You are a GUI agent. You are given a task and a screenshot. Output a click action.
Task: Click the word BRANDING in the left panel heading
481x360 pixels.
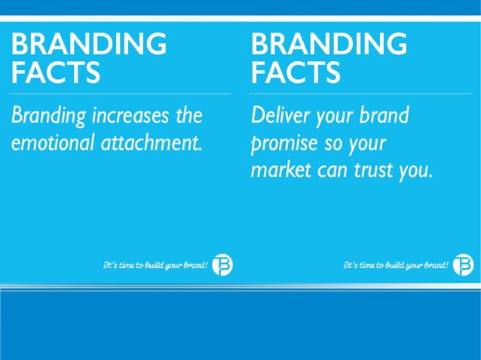(89, 44)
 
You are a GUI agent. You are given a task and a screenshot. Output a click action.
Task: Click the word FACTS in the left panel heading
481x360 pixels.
(56, 73)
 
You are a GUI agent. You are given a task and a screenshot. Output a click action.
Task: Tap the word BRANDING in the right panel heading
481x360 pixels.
(329, 44)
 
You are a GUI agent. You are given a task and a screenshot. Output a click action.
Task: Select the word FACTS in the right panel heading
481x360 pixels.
(296, 73)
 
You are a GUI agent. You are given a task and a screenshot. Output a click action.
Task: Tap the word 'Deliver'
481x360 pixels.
(276, 117)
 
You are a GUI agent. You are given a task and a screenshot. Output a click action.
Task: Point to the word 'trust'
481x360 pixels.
(375, 169)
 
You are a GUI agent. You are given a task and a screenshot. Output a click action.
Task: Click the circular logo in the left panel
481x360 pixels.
(222, 265)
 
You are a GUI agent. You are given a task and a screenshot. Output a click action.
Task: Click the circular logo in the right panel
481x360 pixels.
(464, 265)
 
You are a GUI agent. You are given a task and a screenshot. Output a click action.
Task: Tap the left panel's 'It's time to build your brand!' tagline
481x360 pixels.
(155, 265)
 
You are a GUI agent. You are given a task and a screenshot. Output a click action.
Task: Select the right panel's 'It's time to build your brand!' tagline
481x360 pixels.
(396, 265)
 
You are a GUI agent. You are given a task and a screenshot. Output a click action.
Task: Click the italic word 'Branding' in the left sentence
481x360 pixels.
(47, 117)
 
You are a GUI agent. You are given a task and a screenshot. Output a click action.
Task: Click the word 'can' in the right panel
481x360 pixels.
(332, 169)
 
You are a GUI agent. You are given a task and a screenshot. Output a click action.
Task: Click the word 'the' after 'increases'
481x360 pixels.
(188, 117)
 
